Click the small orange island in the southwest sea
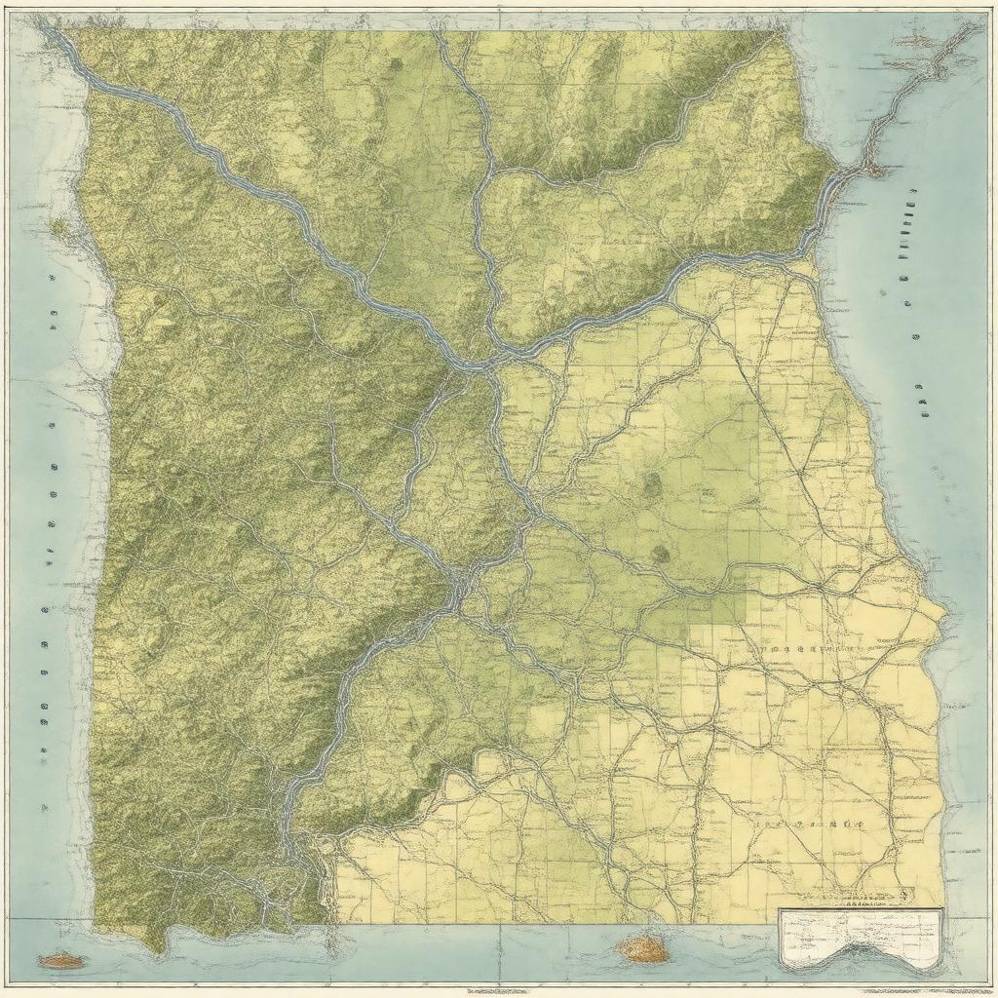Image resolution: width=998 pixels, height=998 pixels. (x=60, y=961)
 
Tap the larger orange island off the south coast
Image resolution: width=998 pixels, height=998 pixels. (x=642, y=946)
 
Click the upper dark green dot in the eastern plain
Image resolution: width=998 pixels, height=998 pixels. (x=650, y=482)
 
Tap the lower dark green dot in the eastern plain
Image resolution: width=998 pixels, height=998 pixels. (x=661, y=554)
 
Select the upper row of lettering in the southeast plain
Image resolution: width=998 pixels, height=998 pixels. (x=804, y=647)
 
